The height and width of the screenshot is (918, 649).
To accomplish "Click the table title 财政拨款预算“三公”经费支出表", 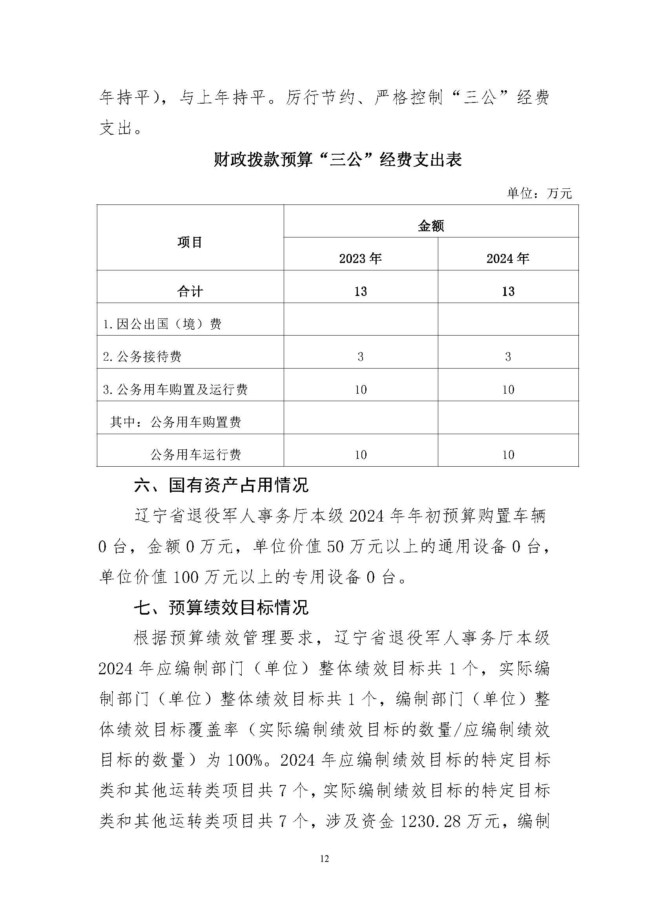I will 338,160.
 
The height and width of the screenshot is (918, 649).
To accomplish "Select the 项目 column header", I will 190,242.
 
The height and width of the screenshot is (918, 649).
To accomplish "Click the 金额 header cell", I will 431,226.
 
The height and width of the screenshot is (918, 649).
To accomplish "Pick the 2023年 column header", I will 361,259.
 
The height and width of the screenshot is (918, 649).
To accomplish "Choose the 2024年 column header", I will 507,259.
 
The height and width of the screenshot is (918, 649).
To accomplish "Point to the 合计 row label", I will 190,292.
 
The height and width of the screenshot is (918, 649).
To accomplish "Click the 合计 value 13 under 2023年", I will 361,292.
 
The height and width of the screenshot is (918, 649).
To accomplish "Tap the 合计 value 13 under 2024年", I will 507,292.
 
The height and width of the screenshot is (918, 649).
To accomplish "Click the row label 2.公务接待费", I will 142,357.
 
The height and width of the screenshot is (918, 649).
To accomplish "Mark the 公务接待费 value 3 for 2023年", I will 361,357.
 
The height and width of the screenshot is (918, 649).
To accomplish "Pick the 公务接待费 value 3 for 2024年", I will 507,357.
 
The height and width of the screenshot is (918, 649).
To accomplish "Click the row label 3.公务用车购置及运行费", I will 175,389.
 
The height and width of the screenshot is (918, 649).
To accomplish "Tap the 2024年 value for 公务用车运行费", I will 507,455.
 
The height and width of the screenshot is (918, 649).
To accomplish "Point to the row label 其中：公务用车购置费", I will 175,422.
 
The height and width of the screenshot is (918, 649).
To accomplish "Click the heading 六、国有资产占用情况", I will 221,486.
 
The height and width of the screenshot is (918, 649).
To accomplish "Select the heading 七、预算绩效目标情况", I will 221,608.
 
